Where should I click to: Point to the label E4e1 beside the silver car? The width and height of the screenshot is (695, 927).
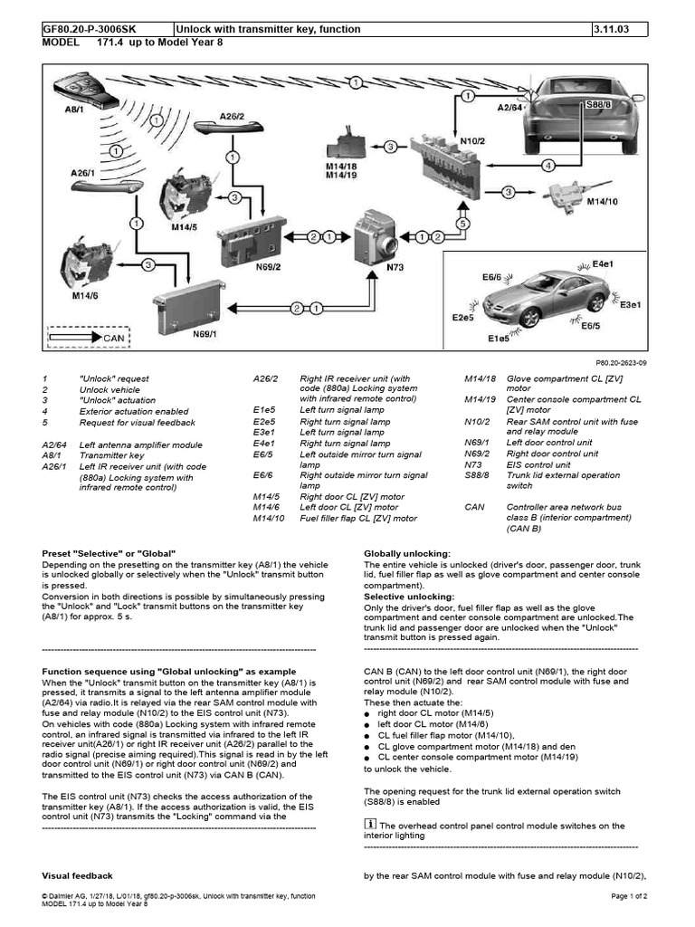[603, 263]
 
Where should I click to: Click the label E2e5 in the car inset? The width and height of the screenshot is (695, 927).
[463, 318]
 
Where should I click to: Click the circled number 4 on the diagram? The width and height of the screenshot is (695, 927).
[547, 166]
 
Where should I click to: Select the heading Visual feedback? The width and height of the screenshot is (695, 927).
[78, 875]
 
